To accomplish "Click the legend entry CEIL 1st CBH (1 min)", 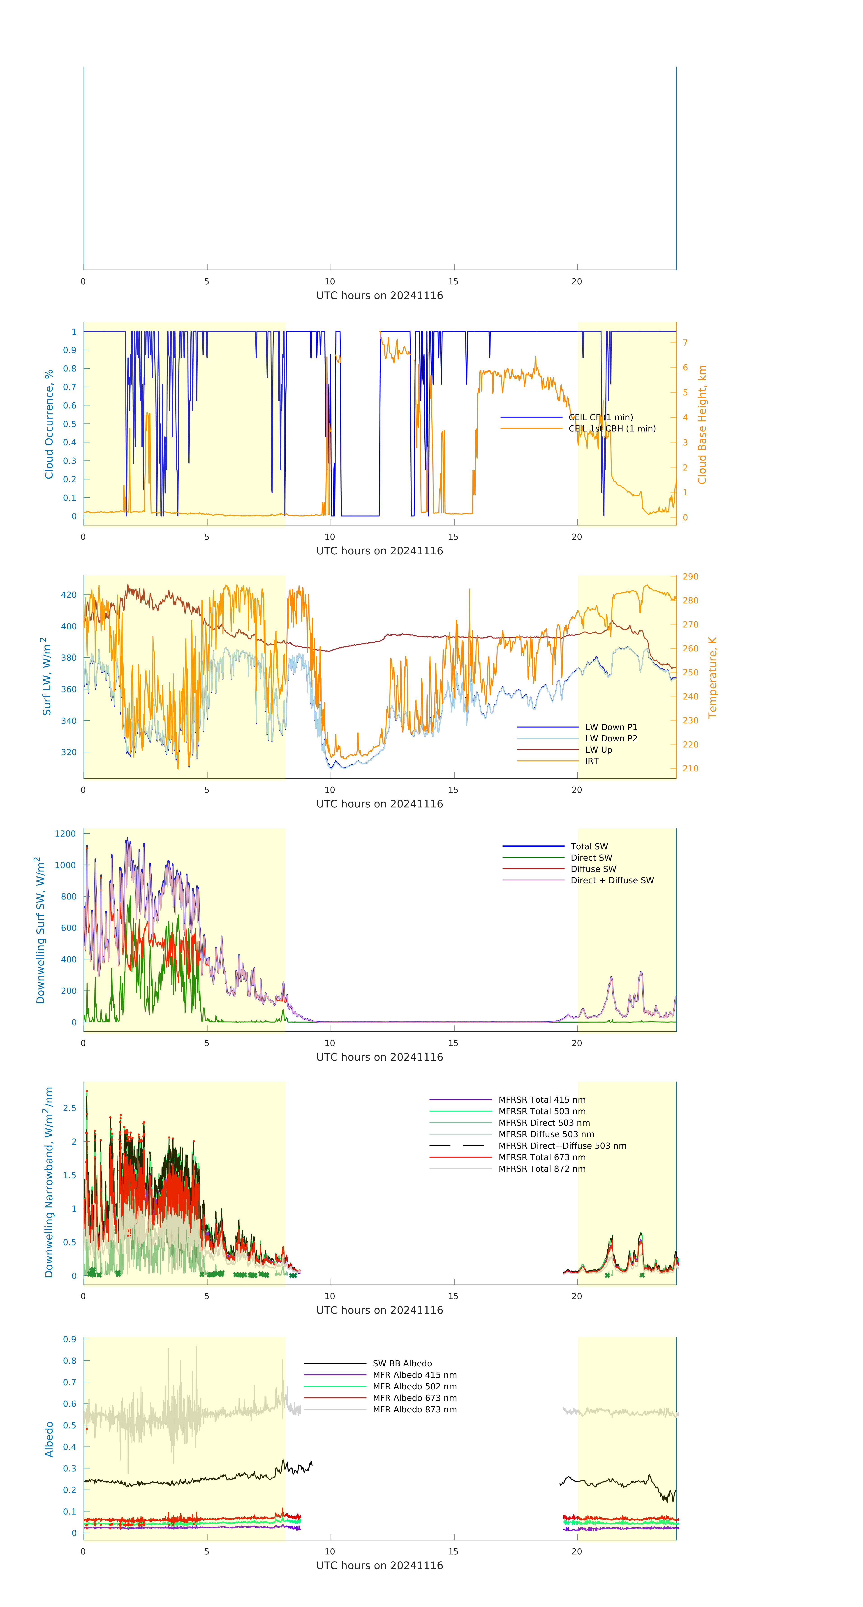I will click(x=611, y=429).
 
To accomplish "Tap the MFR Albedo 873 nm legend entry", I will click(x=414, y=1409).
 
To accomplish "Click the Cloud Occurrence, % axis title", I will click(x=49, y=424).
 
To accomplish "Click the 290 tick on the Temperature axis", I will click(x=690, y=576).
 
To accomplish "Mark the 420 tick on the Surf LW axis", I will click(x=69, y=595).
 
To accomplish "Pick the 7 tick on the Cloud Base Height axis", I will click(x=685, y=342).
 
